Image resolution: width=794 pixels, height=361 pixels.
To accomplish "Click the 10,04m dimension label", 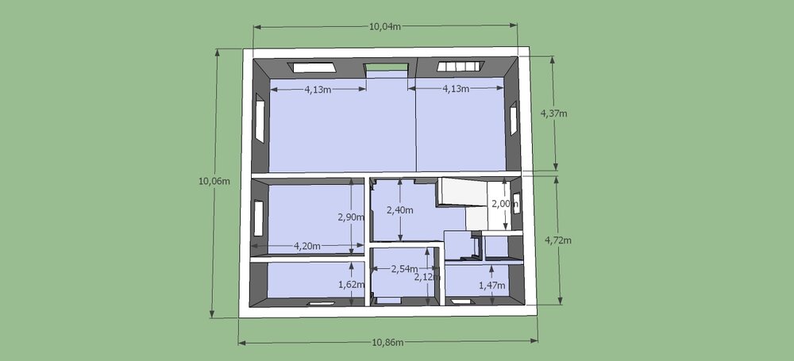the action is (x=385, y=27).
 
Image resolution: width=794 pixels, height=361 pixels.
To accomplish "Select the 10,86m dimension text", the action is (x=388, y=342).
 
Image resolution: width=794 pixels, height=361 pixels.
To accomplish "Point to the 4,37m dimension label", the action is (x=554, y=113).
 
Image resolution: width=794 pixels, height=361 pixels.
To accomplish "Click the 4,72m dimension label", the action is (x=558, y=240).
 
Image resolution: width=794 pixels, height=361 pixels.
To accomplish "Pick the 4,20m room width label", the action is (x=306, y=247).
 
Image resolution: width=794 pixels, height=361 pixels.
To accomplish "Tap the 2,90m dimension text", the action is (x=352, y=217).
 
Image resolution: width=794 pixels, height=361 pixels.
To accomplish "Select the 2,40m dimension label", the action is (x=400, y=209).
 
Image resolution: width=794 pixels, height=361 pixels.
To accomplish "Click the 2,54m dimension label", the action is (x=405, y=269).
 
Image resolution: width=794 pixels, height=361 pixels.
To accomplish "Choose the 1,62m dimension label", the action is (x=352, y=285).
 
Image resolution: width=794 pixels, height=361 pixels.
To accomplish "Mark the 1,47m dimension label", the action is (x=492, y=286).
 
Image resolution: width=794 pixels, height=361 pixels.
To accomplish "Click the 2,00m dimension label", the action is (x=505, y=204).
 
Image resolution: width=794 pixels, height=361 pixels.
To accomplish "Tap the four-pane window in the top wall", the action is (x=461, y=67).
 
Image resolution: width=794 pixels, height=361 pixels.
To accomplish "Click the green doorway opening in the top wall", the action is (x=387, y=67).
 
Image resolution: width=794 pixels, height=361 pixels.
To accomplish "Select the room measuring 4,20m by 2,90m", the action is (x=315, y=218).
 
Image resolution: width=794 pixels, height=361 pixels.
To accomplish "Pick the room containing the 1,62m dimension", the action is (x=316, y=280).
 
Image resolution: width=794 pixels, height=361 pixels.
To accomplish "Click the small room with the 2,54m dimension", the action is (x=403, y=274).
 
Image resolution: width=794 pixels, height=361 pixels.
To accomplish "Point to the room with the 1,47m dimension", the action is (x=476, y=281).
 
